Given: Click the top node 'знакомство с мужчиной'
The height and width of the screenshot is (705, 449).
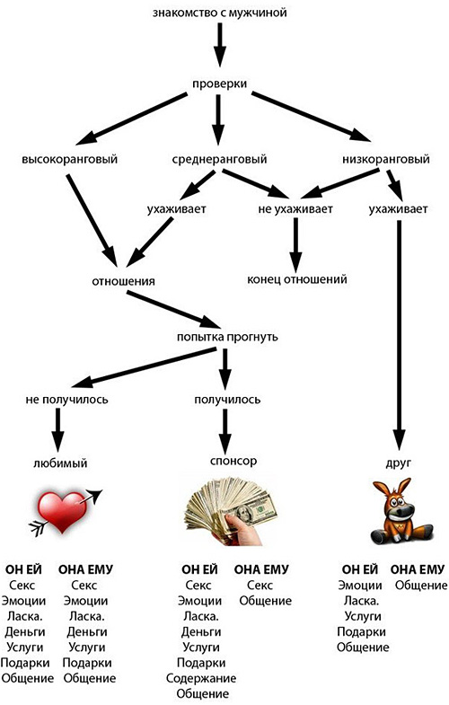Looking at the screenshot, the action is (x=219, y=13).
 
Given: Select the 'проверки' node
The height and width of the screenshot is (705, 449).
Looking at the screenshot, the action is (x=219, y=84).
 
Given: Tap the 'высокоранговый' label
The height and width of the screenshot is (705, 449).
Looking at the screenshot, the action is (x=70, y=159).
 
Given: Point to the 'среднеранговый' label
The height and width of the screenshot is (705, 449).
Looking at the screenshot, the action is (x=219, y=159).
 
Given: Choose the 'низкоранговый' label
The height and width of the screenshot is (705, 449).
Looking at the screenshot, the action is (x=385, y=159).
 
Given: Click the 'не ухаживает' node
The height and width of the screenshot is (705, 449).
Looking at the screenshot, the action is (x=295, y=209).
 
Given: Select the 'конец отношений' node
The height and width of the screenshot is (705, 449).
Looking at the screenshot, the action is (x=297, y=279).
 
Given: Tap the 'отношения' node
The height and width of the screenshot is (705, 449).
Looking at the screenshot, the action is (x=123, y=281).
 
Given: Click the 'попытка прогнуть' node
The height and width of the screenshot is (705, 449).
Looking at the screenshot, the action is (x=227, y=337).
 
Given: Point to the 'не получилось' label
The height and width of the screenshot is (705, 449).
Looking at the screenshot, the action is (x=67, y=400).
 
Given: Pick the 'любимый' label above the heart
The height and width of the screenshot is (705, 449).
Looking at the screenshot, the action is (x=60, y=463).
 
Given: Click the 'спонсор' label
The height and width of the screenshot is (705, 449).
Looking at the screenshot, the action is (x=233, y=462).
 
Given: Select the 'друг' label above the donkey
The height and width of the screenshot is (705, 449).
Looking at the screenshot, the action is (x=398, y=463).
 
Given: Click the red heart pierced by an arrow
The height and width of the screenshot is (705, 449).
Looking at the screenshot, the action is (x=63, y=512).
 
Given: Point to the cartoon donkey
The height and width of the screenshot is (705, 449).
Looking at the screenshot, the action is (x=399, y=513).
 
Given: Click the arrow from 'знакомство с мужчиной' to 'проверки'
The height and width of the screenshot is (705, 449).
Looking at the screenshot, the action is (x=219, y=44).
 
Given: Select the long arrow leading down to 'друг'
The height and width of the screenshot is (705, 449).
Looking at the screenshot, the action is (x=399, y=335).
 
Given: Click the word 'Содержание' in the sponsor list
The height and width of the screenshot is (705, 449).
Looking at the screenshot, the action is (x=201, y=678).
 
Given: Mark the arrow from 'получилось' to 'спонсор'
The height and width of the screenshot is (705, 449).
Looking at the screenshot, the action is (x=225, y=431).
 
